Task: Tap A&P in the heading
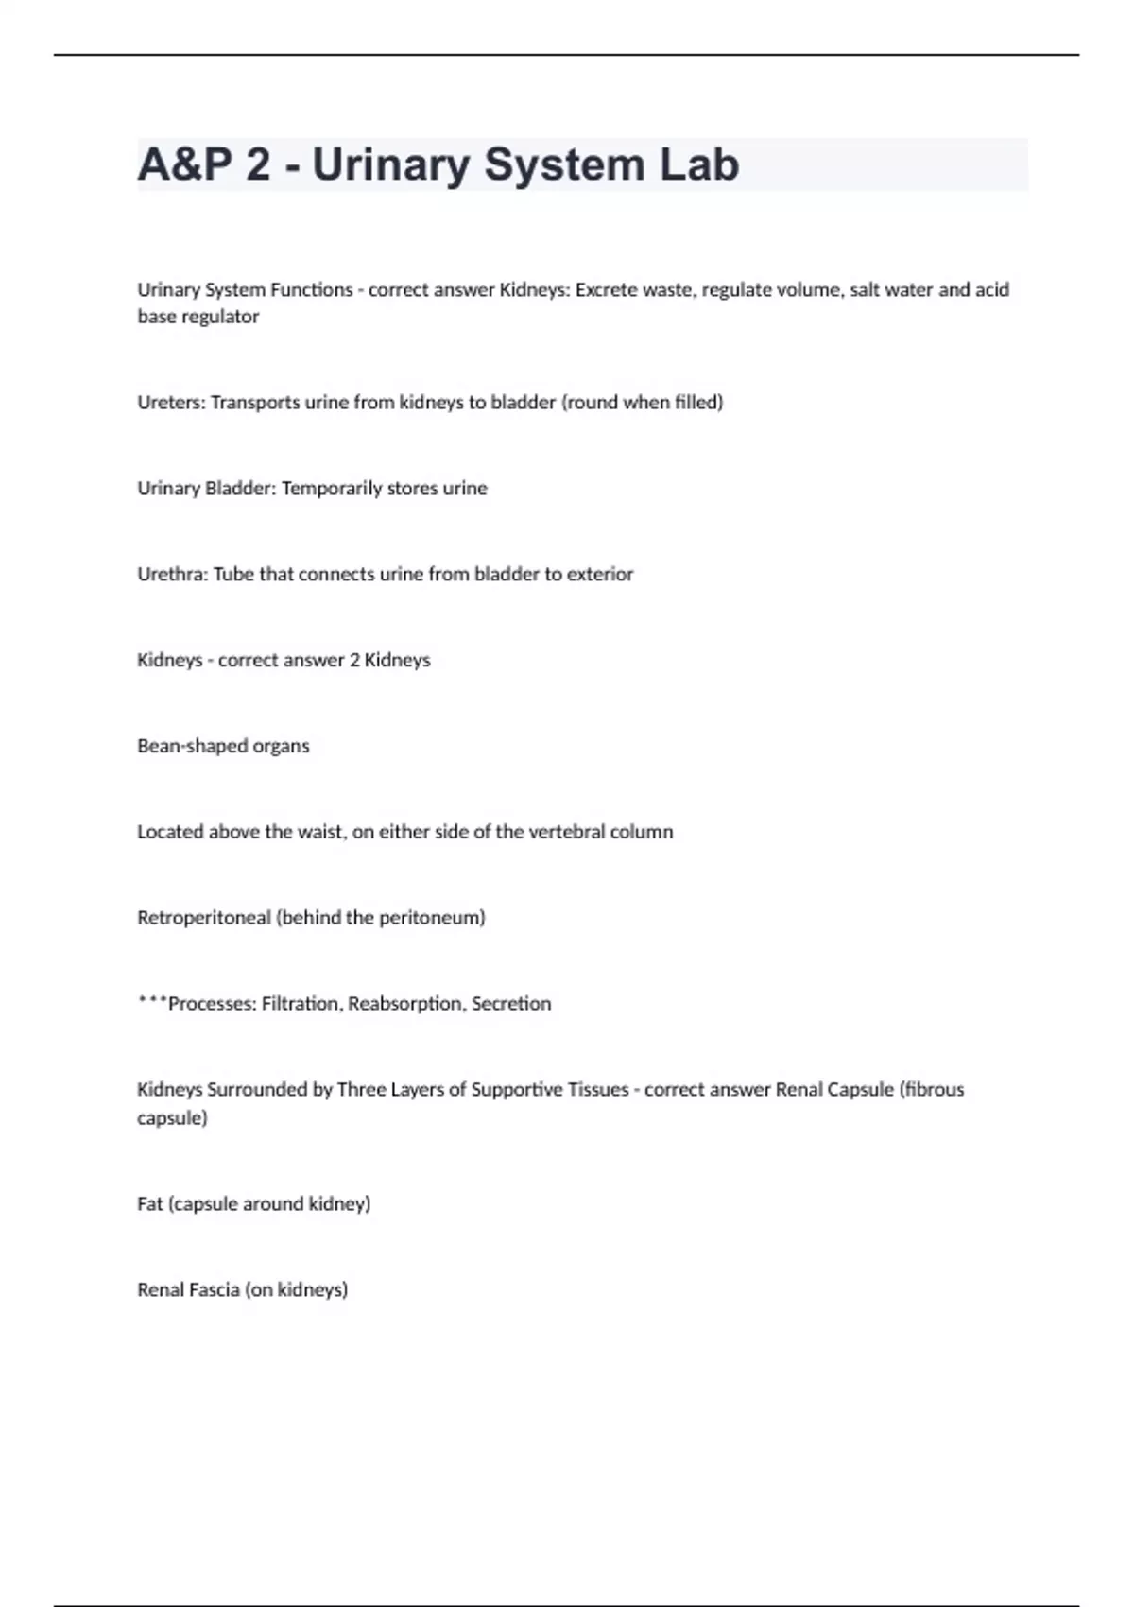pyautogui.click(x=184, y=164)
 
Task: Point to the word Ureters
pyautogui.click(x=170, y=402)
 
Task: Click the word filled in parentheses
pyautogui.click(x=698, y=402)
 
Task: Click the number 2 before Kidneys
pyautogui.click(x=354, y=660)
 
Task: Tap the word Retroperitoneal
pyautogui.click(x=203, y=917)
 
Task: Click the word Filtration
pyautogui.click(x=300, y=1003)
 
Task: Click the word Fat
pyautogui.click(x=149, y=1203)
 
